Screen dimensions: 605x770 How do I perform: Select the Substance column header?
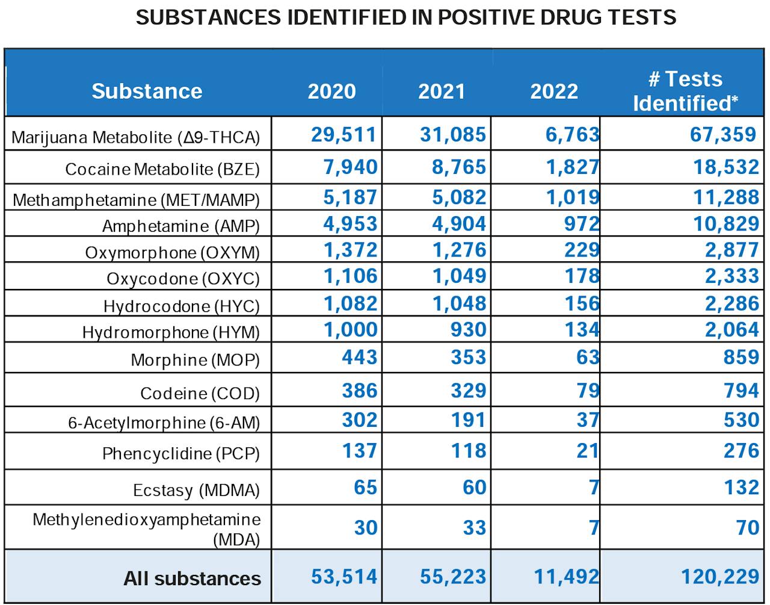pos(147,91)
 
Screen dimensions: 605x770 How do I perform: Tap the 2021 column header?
pos(442,91)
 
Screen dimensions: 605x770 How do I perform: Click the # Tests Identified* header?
pos(685,91)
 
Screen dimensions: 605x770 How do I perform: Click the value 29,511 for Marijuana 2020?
pos(344,134)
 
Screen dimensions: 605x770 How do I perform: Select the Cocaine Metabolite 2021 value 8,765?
pos(458,167)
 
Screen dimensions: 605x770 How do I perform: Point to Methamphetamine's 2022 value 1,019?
pos(572,197)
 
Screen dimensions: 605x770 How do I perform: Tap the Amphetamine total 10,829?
pos(726,224)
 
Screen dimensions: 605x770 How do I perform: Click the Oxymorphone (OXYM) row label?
pos(172,252)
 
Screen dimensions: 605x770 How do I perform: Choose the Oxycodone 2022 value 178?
pos(582,276)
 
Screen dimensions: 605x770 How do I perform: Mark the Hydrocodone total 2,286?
pos(731,303)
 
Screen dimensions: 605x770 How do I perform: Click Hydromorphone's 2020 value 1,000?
pos(350,330)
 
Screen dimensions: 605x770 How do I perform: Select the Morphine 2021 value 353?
pos(468,357)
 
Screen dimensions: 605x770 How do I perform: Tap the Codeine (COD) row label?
pos(200,393)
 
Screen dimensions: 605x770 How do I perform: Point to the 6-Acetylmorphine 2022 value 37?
pos(588,420)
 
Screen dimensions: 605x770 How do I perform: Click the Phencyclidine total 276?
pos(741,451)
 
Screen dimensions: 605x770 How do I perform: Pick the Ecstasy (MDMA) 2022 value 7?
pos(594,487)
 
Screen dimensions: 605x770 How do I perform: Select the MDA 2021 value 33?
pos(474,528)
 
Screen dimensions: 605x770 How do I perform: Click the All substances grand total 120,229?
pos(719,577)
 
